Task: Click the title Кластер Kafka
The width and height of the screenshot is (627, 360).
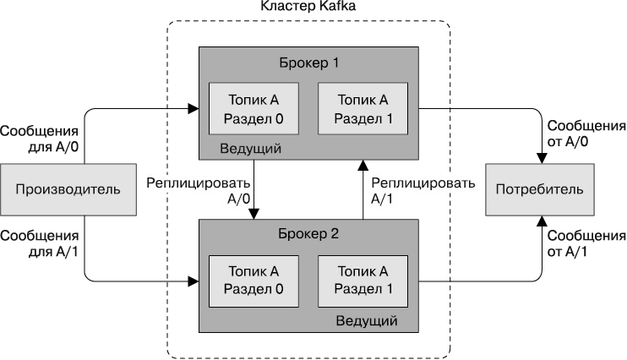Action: click(x=308, y=8)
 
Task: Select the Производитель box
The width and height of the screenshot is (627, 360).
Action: click(x=68, y=188)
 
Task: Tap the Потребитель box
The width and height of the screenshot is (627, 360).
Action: click(x=538, y=188)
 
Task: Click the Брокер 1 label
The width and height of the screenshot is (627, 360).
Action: click(x=308, y=63)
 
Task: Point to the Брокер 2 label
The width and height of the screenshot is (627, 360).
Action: click(x=308, y=234)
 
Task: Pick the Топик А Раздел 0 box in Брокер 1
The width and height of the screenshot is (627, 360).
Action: click(x=254, y=108)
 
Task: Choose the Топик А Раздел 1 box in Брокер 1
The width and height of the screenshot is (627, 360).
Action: click(x=362, y=108)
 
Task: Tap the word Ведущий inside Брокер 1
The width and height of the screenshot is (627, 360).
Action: click(x=250, y=149)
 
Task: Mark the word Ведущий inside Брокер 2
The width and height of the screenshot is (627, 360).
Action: click(x=367, y=321)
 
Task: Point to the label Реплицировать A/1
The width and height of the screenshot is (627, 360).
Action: click(x=411, y=189)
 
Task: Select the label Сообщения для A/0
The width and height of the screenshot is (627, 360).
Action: click(x=40, y=139)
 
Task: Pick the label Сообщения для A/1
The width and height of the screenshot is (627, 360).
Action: click(x=40, y=243)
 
